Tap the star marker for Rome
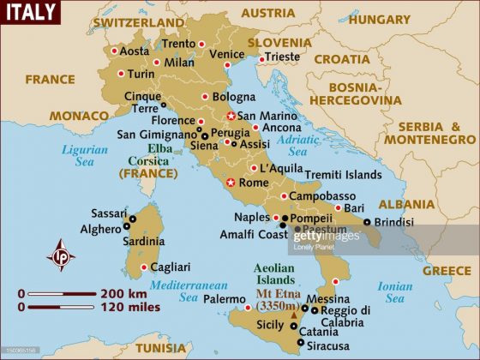230,183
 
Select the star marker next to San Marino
230,116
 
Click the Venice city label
226,54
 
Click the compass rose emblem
61,255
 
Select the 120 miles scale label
129,307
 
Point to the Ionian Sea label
394,292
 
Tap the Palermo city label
225,299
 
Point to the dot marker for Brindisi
367,221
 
